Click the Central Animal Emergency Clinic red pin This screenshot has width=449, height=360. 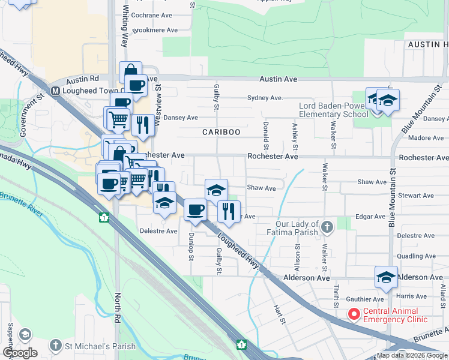click(x=354, y=313)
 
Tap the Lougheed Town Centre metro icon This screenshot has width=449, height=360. click(x=55, y=91)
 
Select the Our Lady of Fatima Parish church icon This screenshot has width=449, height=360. click(x=327, y=227)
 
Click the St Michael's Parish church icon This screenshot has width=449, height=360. click(x=55, y=345)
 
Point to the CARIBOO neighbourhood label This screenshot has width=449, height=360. click(x=221, y=132)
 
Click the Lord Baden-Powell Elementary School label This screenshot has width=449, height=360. click(x=334, y=110)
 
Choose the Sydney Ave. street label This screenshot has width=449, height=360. click(x=265, y=98)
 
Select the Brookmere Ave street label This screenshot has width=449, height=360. click(x=154, y=29)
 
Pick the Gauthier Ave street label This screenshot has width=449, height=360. click(x=369, y=299)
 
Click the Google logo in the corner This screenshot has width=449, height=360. click(x=20, y=353)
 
